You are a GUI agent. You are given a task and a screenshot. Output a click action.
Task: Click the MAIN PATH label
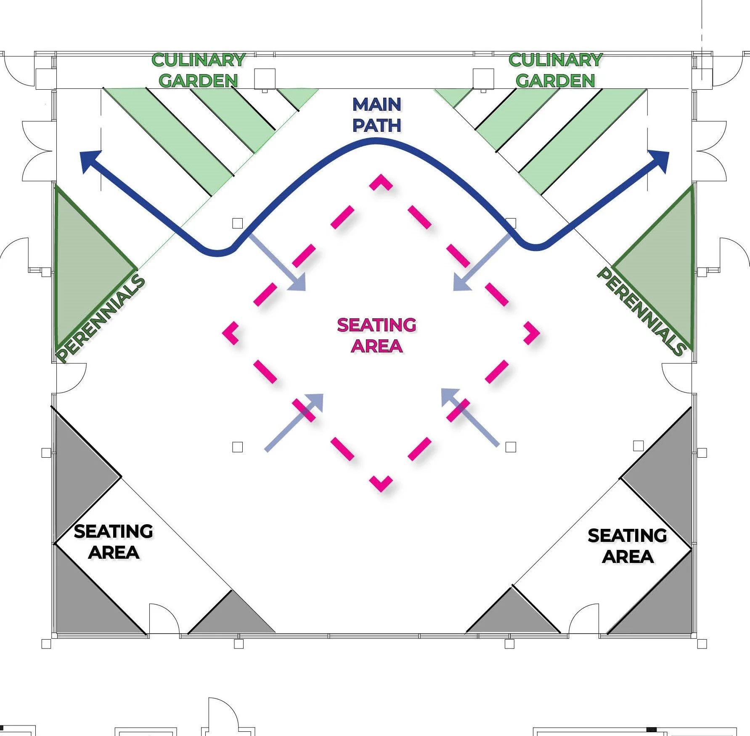point(377,115)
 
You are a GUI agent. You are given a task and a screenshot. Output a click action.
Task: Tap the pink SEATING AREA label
point(377,336)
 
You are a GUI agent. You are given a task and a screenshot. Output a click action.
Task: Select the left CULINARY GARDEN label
point(199,70)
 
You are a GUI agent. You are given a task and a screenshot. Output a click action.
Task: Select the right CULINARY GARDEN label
point(556,70)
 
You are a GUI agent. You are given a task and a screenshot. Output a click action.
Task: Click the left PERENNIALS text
point(100,318)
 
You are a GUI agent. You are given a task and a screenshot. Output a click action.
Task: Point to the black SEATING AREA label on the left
point(114,542)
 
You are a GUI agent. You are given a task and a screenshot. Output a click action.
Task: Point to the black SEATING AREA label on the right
point(628,546)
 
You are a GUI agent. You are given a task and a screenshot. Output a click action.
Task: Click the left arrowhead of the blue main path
point(89,161)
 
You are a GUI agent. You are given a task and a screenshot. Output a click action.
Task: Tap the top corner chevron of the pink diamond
point(381,182)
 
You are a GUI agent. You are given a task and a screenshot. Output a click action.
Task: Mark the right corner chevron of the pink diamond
point(532,333)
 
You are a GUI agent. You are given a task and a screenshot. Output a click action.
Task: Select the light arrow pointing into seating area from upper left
point(277,263)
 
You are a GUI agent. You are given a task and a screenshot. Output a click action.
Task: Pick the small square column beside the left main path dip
point(238,223)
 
